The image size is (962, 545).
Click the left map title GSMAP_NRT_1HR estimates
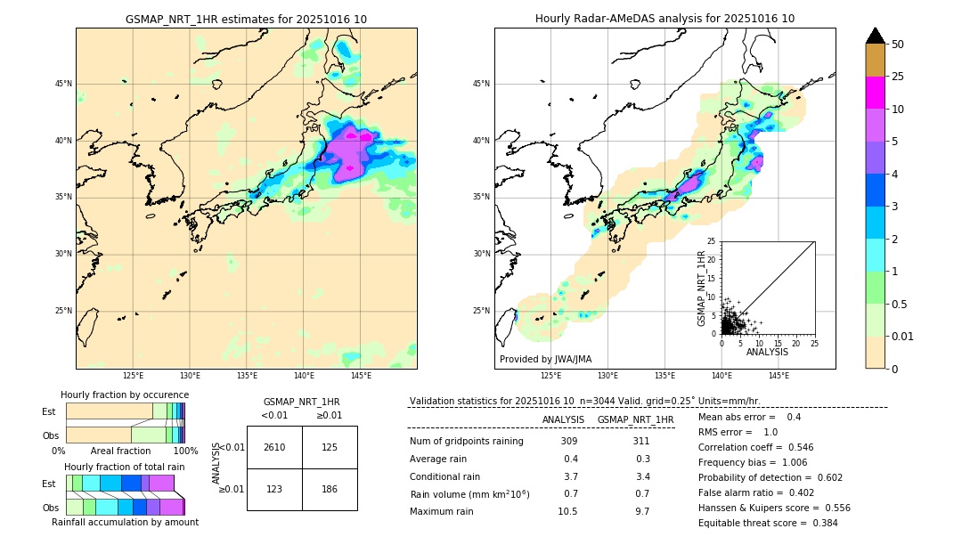pos(246,19)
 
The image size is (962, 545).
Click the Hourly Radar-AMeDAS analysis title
pos(664,19)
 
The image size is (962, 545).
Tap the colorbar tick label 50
pos(898,44)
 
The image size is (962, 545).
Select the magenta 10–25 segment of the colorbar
pos(875,93)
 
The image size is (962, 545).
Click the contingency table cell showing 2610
pos(274,447)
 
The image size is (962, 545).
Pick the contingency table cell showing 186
pos(330,489)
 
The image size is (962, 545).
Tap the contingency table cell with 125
pos(330,447)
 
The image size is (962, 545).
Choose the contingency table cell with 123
pos(274,489)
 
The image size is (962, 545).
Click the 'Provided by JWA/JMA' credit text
pos(545,359)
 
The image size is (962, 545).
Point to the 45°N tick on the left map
pos(63,84)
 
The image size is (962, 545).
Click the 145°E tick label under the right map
pos(779,376)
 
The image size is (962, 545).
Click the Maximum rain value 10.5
pos(567,511)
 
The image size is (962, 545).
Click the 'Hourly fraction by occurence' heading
pos(125,395)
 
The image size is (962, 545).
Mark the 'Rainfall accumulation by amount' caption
pos(125,523)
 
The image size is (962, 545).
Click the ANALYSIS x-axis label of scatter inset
pos(767,352)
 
